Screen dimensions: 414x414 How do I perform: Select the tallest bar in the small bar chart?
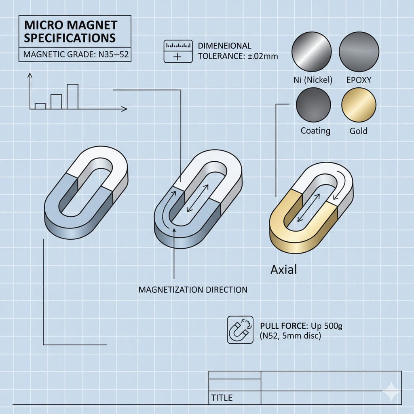point(72,96)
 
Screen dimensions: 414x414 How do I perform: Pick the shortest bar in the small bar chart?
point(40,106)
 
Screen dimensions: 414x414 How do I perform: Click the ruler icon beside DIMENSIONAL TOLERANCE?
point(177,51)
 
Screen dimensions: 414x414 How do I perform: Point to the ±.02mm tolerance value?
point(263,57)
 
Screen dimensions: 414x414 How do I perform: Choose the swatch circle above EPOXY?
point(359,51)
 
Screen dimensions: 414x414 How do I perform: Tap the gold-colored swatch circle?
point(359,105)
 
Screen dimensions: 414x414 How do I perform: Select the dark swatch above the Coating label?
point(313,105)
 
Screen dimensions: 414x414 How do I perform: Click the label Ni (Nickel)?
point(313,80)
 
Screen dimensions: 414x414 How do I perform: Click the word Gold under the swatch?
point(358,131)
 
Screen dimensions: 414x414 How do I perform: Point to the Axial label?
point(284,269)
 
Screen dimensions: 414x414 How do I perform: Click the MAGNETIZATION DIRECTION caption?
point(192,290)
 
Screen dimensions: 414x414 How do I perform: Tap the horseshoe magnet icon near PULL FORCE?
point(240,330)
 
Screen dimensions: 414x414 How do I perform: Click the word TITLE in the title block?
point(222,398)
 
